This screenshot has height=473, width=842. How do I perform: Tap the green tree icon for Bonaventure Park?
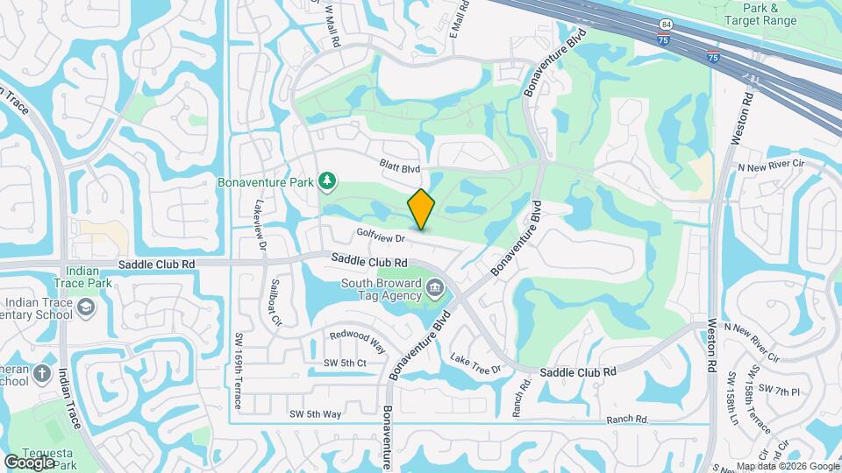[x=328, y=181]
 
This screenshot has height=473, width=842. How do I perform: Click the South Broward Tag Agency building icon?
[x=434, y=288]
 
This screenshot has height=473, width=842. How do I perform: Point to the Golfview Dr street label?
[x=379, y=236]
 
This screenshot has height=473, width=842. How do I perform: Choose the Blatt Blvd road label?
[x=401, y=166]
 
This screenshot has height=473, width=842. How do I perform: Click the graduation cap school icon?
[x=85, y=307]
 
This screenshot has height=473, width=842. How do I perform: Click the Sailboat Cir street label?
[x=275, y=303]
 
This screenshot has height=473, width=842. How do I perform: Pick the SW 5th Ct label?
[x=345, y=363]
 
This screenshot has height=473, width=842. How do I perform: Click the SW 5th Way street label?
[x=315, y=413]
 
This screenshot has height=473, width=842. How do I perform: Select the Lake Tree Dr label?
[x=475, y=364]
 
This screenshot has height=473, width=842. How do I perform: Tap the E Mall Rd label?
[x=458, y=18]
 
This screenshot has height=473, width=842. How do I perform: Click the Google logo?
[x=30, y=461]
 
